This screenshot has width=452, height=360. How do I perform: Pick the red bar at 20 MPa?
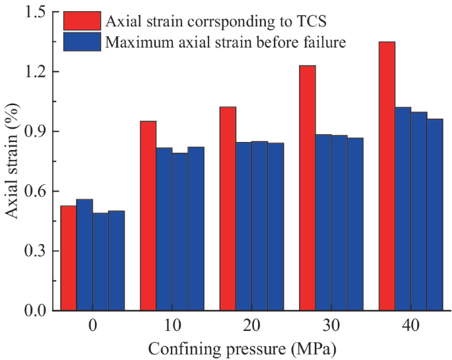(x=228, y=209)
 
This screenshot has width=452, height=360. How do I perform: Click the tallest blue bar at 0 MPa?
(x=84, y=255)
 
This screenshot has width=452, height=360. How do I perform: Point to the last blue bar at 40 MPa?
(x=435, y=215)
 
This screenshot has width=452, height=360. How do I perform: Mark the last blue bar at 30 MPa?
(x=355, y=224)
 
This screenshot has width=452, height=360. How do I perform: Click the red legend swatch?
(x=82, y=21)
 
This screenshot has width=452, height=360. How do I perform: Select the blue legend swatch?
(x=82, y=42)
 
